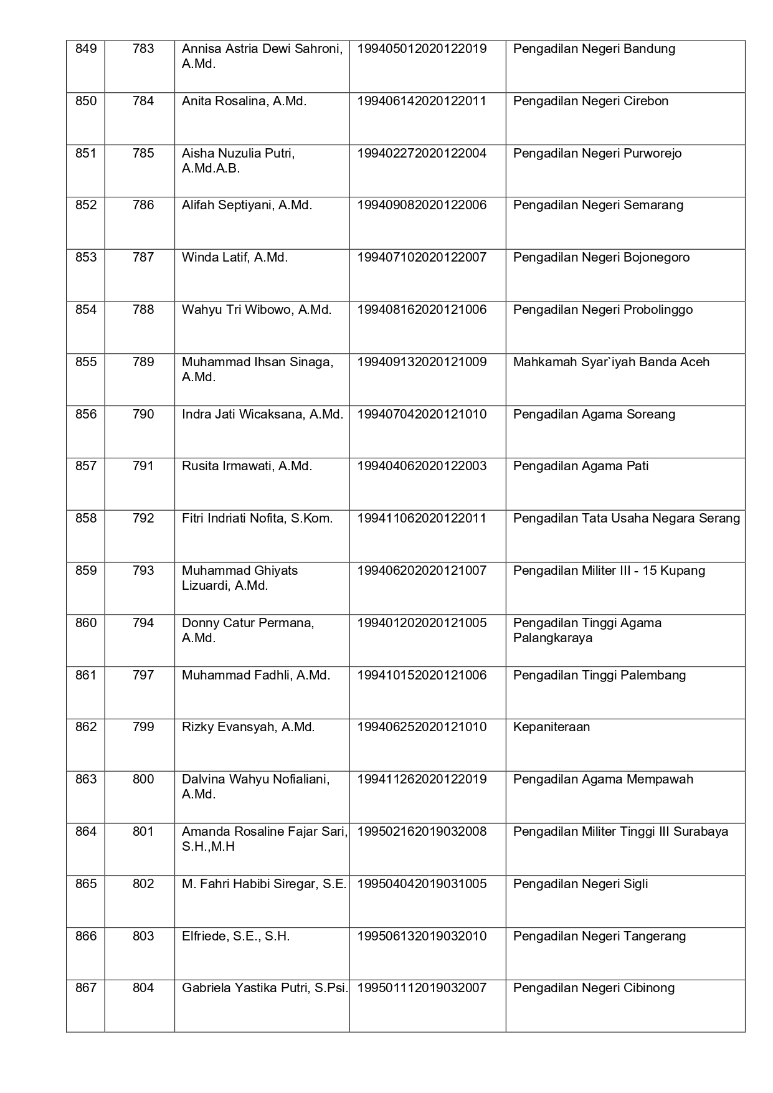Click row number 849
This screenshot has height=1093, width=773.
point(86,49)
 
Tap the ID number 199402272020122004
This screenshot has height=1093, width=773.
point(422,153)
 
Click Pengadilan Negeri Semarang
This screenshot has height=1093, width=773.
point(598,205)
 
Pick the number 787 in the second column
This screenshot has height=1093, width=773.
point(143,257)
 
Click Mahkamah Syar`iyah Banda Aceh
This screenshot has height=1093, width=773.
point(611,362)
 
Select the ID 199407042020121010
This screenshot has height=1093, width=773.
point(422,414)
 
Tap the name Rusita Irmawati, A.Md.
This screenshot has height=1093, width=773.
point(247,466)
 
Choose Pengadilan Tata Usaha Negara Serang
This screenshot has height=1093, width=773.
point(627,518)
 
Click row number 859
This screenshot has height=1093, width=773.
point(86,570)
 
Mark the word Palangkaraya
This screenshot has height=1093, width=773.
point(552,638)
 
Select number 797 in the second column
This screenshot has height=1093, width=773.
point(143,675)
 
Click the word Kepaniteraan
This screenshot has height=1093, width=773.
point(551,727)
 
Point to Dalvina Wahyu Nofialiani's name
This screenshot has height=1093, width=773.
point(255,780)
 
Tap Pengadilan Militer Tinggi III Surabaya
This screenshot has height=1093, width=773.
point(620,831)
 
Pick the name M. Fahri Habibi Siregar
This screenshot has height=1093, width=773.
point(264,884)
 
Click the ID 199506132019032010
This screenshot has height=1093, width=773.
point(422,936)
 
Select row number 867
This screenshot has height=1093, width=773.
point(86,988)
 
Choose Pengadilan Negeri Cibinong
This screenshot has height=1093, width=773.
point(594,988)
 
